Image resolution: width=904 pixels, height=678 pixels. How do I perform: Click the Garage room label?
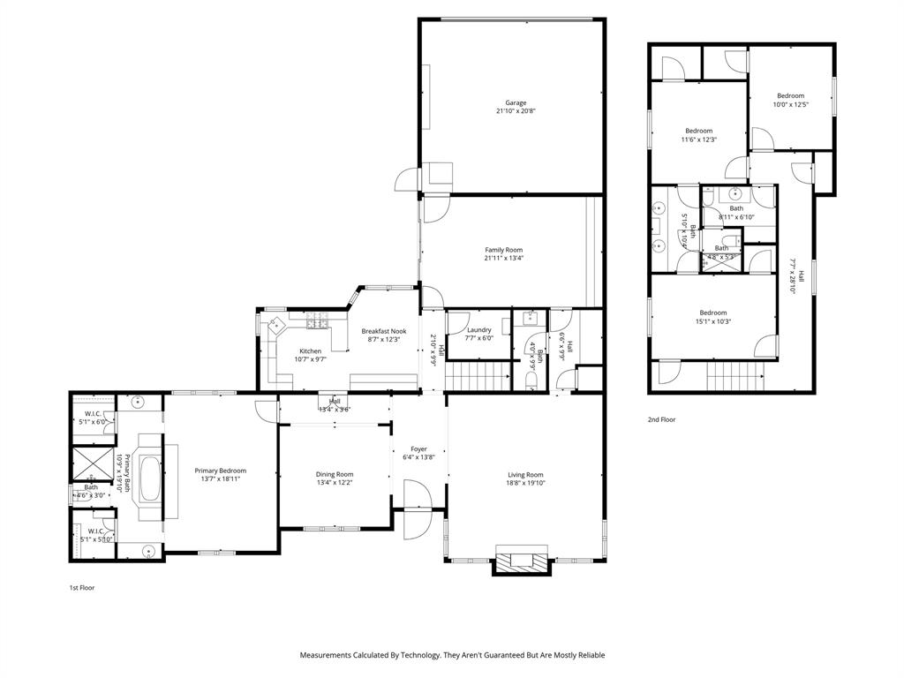(516, 102)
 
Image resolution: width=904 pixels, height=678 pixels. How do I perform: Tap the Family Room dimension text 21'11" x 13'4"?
(503, 259)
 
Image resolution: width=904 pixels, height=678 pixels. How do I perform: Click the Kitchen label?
(310, 350)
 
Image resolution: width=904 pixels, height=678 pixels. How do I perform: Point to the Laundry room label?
(478, 330)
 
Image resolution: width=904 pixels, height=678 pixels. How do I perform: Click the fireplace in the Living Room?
(521, 560)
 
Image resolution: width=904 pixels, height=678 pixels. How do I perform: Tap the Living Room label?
(524, 474)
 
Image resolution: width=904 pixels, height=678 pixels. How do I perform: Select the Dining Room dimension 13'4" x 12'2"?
(335, 483)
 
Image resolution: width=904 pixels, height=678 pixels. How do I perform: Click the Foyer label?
(418, 448)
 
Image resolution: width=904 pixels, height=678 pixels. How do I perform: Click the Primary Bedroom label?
(220, 471)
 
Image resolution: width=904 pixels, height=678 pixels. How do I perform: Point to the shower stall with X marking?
(91, 463)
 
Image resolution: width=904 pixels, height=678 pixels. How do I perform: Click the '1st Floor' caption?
(81, 587)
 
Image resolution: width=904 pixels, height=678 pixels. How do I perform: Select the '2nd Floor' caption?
(661, 419)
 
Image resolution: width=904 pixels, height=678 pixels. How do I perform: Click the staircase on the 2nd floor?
(734, 377)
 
